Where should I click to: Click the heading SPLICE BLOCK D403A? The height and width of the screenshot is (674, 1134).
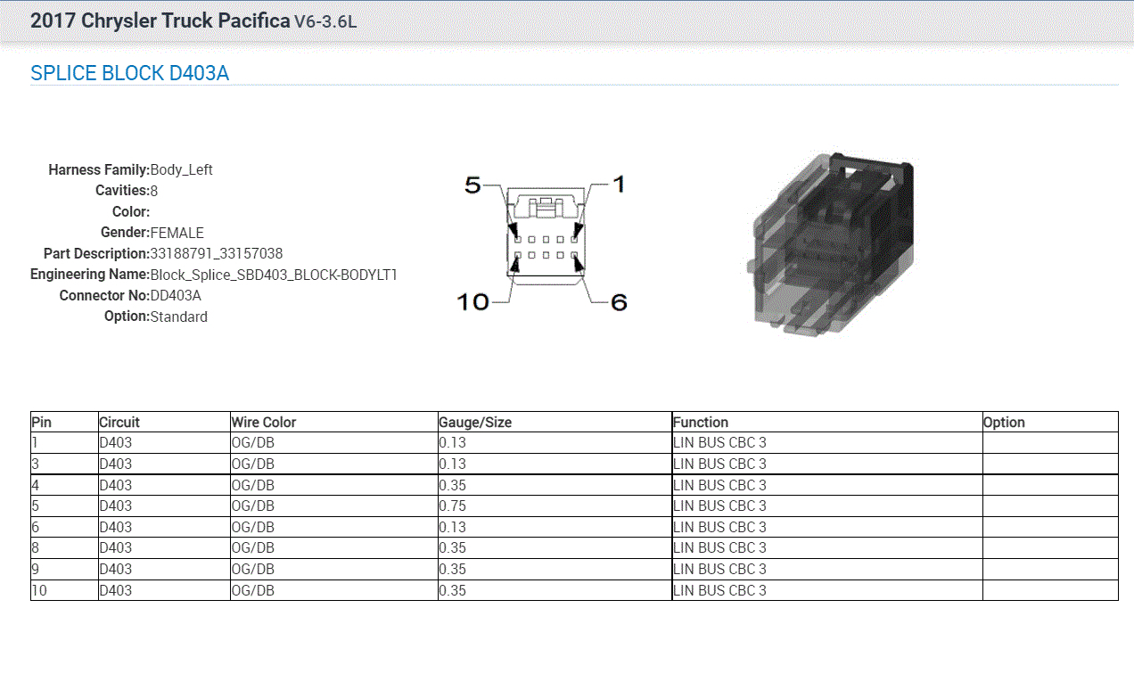[129, 73]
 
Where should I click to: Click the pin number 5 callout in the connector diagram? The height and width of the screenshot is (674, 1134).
[472, 185]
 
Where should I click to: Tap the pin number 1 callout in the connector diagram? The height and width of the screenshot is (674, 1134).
[619, 185]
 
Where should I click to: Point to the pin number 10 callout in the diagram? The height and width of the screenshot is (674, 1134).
[472, 302]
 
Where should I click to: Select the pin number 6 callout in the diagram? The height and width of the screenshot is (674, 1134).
[619, 302]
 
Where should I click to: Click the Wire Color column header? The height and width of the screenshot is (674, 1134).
[264, 423]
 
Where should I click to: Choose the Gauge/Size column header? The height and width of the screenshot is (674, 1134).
[475, 423]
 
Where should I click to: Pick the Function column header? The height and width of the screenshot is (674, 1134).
[701, 423]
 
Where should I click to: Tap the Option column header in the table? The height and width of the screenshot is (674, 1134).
[1004, 423]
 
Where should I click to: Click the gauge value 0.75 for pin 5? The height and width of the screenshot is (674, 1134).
[452, 505]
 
